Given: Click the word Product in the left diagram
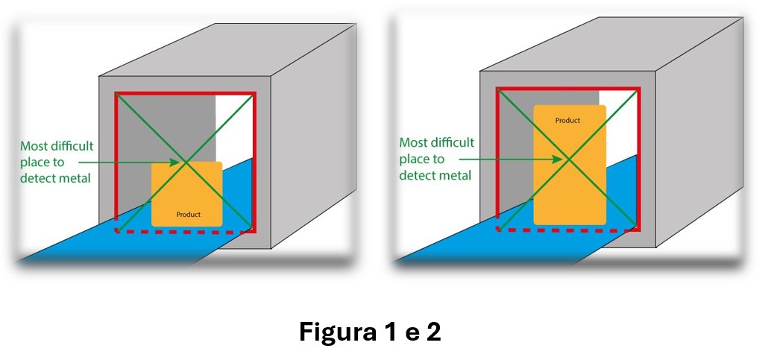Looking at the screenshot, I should pos(188,215).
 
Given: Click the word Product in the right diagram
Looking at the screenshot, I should pos(567,120).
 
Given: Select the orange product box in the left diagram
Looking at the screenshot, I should pos(186,194).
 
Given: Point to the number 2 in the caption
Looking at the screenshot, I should pos(433,332).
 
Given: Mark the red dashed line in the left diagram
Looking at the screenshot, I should pos(183,232).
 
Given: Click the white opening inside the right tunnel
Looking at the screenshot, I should pos(617,119).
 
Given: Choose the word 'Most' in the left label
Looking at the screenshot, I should pos(33,146).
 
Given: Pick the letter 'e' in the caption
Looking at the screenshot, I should pos(408,333).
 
